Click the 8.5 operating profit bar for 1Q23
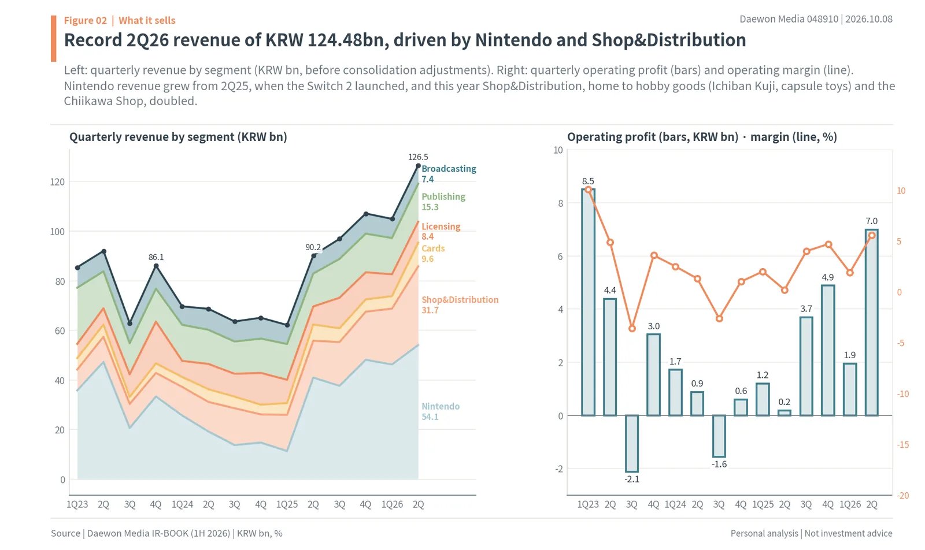588,302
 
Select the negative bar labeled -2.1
632,444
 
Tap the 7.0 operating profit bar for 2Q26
871,322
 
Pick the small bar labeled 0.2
784,412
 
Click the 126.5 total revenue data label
418,157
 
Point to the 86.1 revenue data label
156,257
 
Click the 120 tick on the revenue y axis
57,182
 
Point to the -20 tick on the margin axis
902,496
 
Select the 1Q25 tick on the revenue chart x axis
287,504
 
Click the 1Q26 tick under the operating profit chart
850,504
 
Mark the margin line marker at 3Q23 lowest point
632,329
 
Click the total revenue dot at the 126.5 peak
419,166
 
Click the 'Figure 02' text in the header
85,20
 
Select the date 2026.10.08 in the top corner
869,19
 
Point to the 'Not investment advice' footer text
848,533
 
